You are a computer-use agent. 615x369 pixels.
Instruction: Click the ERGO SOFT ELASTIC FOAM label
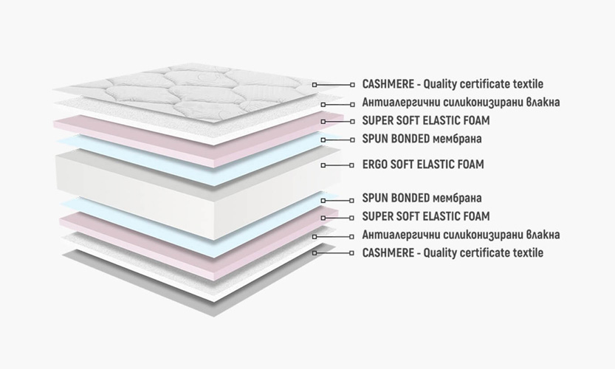(423, 165)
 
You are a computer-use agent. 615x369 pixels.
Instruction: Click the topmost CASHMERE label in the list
(453, 85)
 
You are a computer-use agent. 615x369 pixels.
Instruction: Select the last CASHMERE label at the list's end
(453, 253)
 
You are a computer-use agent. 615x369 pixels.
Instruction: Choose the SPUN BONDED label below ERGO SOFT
(422, 199)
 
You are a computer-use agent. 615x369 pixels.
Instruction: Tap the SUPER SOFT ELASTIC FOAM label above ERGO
(426, 120)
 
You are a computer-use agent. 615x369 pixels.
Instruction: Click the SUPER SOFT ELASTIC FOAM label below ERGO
(426, 217)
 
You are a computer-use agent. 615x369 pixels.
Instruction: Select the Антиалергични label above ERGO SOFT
(461, 103)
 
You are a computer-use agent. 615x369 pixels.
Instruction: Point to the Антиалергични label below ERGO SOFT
(461, 235)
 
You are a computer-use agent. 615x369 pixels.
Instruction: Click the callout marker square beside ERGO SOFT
(322, 165)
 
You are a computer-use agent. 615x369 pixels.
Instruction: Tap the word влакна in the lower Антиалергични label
(543, 235)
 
